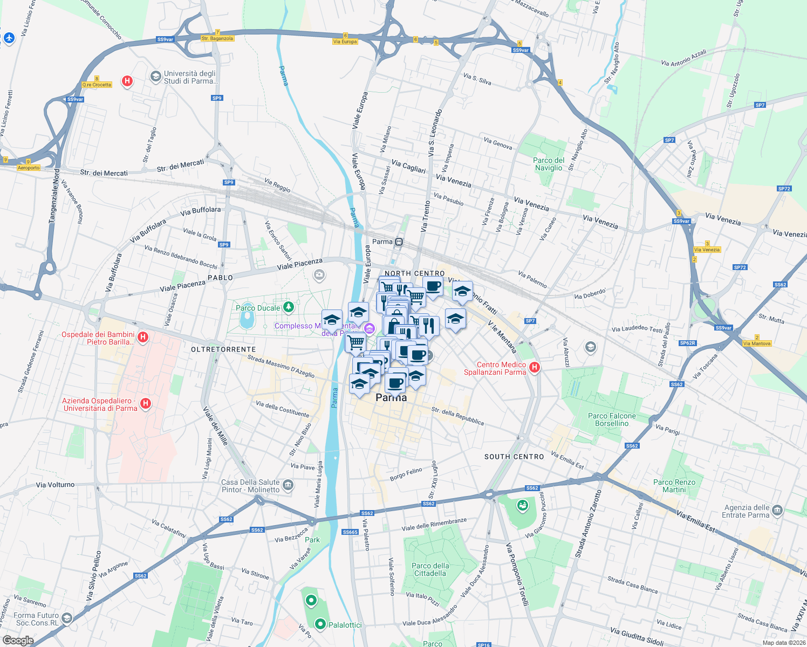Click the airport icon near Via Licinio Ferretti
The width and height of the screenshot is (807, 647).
[9, 38]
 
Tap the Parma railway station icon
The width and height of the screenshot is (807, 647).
[399, 242]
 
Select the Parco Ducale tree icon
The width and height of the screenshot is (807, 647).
[289, 307]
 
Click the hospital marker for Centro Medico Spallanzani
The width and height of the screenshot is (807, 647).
[534, 368]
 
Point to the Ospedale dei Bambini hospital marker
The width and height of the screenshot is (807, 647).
[142, 338]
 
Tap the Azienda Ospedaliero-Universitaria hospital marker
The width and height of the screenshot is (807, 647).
[145, 403]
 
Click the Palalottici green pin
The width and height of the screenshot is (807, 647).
[320, 624]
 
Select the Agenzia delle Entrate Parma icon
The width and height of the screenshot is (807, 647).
[777, 511]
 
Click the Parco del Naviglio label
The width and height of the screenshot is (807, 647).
[549, 164]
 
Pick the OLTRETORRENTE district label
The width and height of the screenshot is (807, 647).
[223, 349]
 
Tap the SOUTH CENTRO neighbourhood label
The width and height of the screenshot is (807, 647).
[514, 457]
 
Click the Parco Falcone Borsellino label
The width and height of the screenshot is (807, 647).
[612, 419]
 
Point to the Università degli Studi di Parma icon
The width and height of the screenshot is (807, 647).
[156, 77]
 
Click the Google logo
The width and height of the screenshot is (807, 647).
[18, 641]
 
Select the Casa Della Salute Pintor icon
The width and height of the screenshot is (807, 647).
[288, 485]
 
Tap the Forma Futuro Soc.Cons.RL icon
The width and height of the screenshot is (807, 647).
[67, 618]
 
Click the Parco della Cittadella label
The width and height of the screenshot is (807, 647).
[430, 569]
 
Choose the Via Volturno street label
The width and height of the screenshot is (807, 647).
[55, 485]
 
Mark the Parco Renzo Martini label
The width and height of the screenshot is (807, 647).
[674, 486]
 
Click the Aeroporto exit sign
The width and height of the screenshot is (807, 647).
[29, 168]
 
